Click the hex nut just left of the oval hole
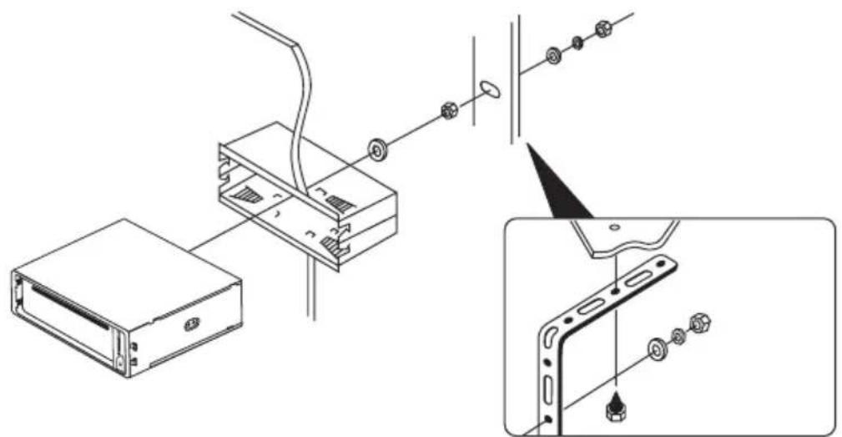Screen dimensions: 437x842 [x=448, y=110]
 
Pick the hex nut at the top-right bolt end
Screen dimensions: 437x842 [x=603, y=30]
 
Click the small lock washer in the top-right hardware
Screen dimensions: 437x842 [x=577, y=42]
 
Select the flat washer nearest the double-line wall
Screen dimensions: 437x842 [x=552, y=56]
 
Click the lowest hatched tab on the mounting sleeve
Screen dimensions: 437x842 [x=331, y=246]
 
